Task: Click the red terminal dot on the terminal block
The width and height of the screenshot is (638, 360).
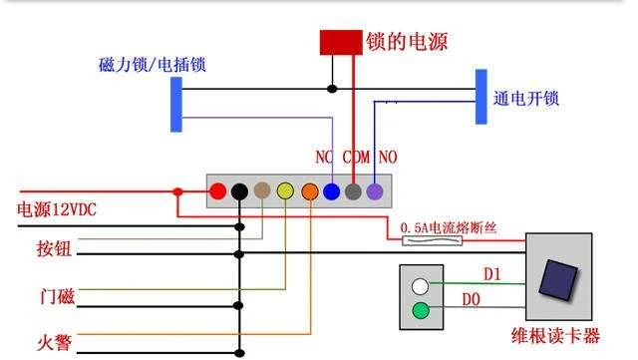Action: tap(216, 190)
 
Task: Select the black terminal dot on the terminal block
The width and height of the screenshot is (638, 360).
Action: tap(239, 190)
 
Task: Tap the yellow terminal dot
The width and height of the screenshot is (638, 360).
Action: tap(285, 190)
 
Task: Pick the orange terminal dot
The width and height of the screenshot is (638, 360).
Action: tap(309, 190)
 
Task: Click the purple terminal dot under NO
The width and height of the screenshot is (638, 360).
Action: tap(375, 190)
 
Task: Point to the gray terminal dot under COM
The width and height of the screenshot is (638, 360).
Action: tap(353, 190)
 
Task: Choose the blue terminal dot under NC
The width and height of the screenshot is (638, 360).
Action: tap(331, 190)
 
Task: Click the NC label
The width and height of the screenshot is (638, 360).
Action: tap(324, 158)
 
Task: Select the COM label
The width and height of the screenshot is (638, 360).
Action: tap(356, 158)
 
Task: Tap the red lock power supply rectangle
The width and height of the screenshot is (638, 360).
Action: tap(341, 43)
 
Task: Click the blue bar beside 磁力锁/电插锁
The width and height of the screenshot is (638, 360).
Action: tap(176, 104)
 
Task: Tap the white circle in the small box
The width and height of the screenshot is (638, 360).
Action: tap(421, 286)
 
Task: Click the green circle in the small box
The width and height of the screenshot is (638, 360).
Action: tap(421, 310)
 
